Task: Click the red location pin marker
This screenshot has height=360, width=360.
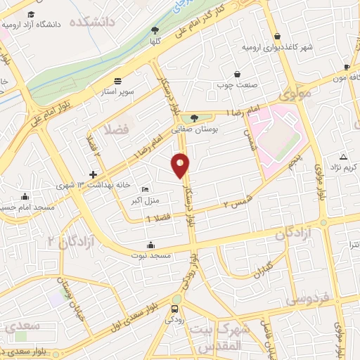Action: pos(181,165)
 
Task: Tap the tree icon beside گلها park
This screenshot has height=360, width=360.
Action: pos(155,30)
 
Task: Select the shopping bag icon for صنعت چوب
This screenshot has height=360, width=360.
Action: pos(237,74)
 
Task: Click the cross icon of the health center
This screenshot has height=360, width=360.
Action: pos(93,174)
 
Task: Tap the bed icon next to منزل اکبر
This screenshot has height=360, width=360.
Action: pos(145,189)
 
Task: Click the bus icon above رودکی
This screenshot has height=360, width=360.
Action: pos(174,309)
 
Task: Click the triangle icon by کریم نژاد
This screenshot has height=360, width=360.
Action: pos(343,156)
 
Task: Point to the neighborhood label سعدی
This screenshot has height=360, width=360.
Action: pos(21,328)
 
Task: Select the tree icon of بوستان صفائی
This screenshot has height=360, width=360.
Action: pos(194,117)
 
